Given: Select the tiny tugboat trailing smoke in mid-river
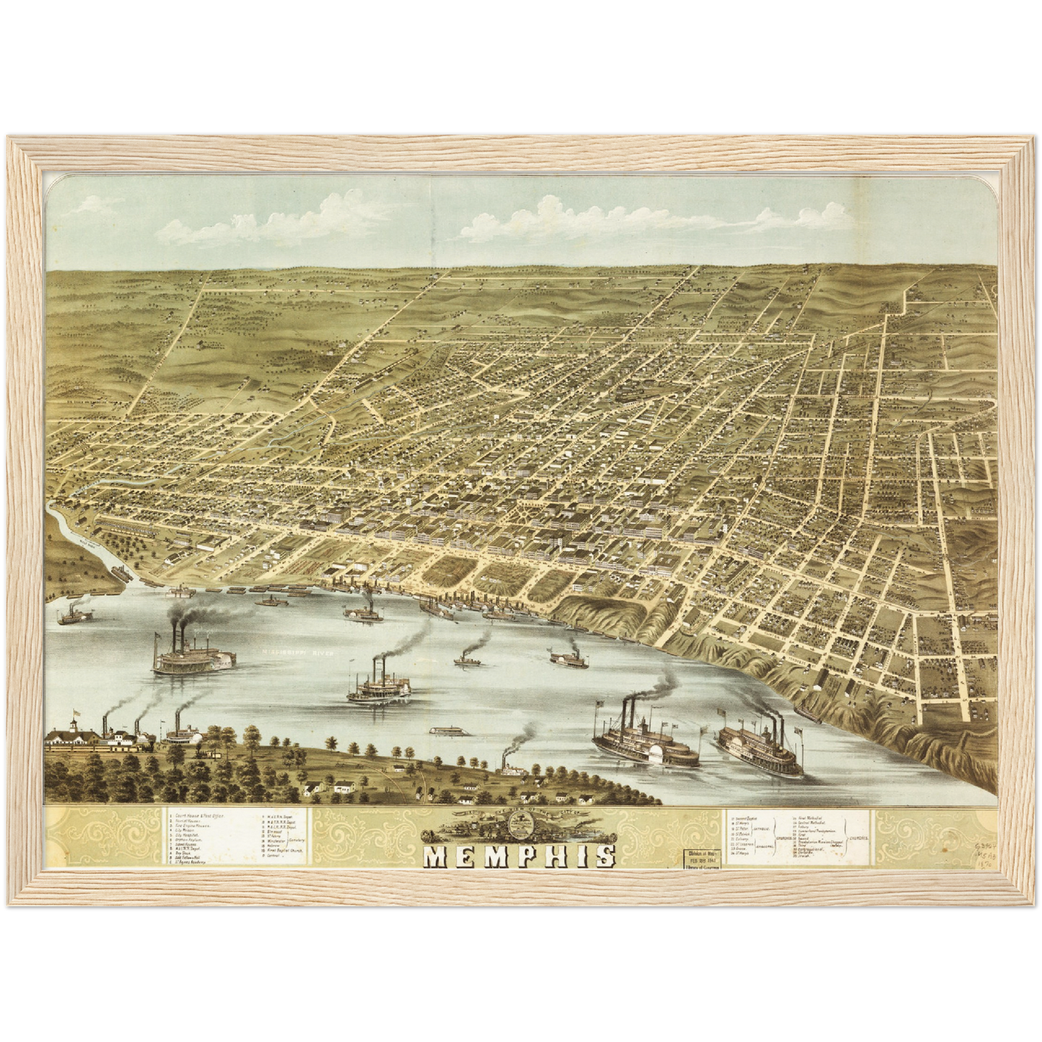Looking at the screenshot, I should (467, 658).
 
